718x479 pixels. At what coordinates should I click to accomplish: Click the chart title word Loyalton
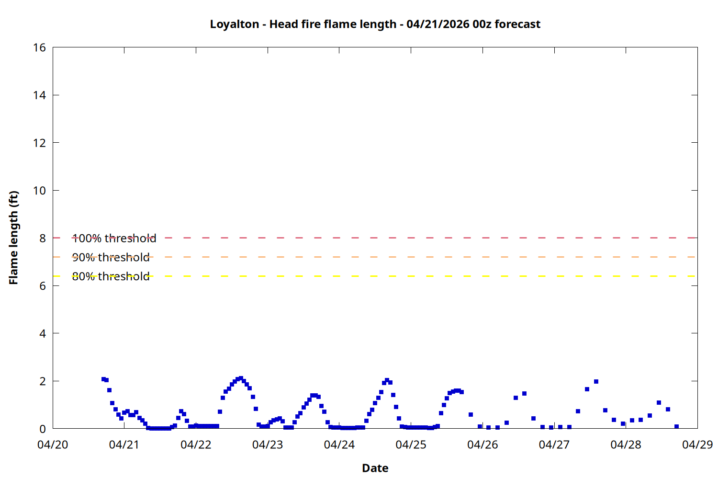point(235,24)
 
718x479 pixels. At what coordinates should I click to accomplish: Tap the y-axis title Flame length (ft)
point(13,238)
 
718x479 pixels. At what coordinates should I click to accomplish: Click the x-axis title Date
point(375,468)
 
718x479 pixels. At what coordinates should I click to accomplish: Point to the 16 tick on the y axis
point(40,47)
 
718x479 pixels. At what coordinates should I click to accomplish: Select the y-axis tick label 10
point(40,191)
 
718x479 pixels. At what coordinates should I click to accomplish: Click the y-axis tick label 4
point(43,333)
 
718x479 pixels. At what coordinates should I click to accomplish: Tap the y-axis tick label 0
point(43,429)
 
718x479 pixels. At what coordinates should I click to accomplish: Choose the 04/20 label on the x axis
point(53,445)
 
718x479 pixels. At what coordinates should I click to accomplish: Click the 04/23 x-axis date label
point(268,445)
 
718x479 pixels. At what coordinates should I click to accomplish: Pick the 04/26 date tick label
point(482,445)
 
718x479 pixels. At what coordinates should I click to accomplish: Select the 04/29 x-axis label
point(697,445)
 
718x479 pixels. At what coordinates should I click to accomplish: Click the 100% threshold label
point(114,238)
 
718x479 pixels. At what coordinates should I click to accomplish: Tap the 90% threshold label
point(111,257)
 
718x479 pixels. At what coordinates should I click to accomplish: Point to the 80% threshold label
point(111,276)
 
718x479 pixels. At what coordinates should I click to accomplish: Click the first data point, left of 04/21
point(103,379)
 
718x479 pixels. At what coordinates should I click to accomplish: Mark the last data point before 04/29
point(676,426)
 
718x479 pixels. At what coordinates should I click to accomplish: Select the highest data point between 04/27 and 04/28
point(596,381)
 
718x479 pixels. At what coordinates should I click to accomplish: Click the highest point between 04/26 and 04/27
point(524,393)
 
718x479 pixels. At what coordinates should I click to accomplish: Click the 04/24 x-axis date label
point(339,445)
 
